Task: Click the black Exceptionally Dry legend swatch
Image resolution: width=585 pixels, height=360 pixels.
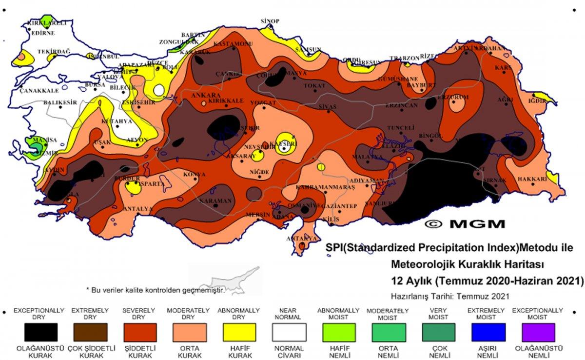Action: (41, 332)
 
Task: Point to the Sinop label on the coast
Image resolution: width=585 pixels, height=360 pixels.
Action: (270, 21)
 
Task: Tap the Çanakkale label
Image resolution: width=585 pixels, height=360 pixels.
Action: (39, 91)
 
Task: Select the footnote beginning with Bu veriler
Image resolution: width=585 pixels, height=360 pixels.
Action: (155, 289)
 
